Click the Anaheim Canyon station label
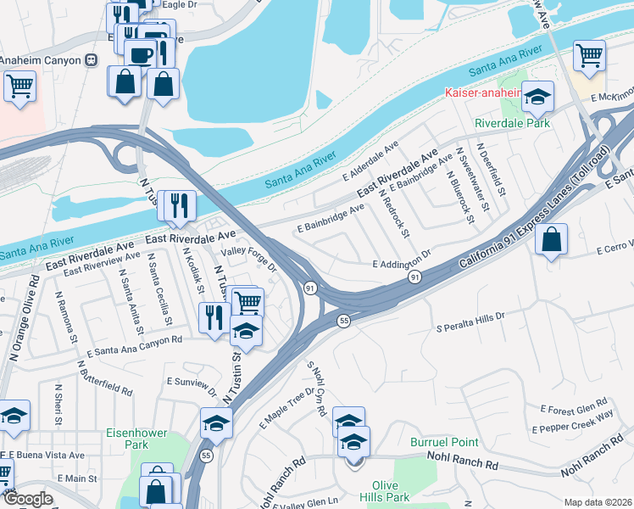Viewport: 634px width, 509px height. (41, 60)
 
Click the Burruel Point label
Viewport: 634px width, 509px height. (444, 442)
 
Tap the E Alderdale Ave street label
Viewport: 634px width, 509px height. (370, 162)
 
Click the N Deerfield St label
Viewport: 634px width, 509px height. (491, 170)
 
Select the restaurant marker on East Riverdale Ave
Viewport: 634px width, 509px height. (178, 206)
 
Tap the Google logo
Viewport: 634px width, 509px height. (27, 499)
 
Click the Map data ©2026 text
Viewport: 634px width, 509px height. (598, 502)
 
